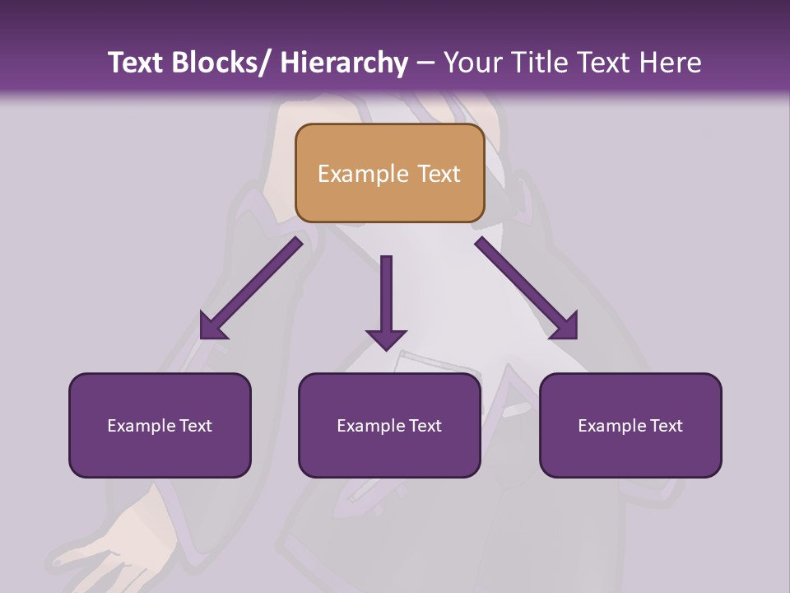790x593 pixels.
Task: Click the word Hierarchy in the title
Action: click(x=343, y=63)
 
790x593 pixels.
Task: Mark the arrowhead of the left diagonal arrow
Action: click(x=214, y=326)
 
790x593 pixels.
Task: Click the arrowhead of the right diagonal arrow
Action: click(x=564, y=326)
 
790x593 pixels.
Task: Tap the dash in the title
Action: click(x=425, y=63)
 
